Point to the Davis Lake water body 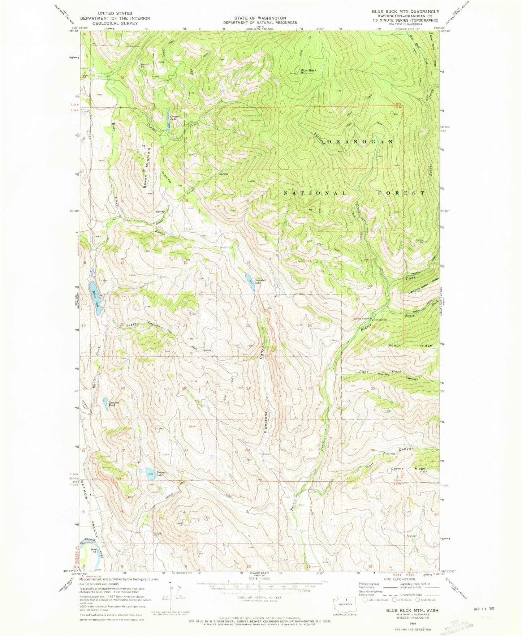(x=94, y=292)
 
